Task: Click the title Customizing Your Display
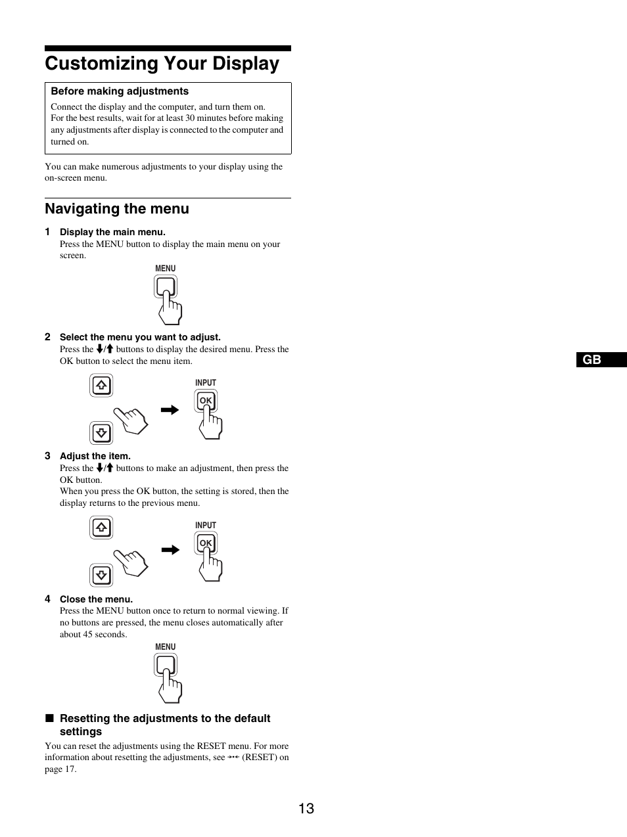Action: coord(162,64)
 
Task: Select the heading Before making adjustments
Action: coord(120,91)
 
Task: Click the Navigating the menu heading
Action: coord(117,209)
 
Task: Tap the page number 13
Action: coord(306,808)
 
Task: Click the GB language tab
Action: coord(592,359)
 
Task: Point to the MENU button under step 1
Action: coord(166,286)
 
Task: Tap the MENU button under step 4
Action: coord(166,665)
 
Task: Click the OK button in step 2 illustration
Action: coord(206,400)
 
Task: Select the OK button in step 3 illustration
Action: coord(206,543)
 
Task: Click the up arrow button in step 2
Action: coord(101,386)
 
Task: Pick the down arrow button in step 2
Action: coord(101,433)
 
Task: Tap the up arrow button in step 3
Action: coord(101,528)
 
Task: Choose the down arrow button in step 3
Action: coord(101,576)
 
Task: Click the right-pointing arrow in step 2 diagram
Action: coord(170,410)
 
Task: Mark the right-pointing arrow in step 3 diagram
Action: coord(170,550)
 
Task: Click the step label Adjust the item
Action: coord(95,456)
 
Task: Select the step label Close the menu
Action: coord(96,599)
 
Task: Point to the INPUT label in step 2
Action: coord(206,382)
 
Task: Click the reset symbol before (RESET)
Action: coord(233,758)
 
